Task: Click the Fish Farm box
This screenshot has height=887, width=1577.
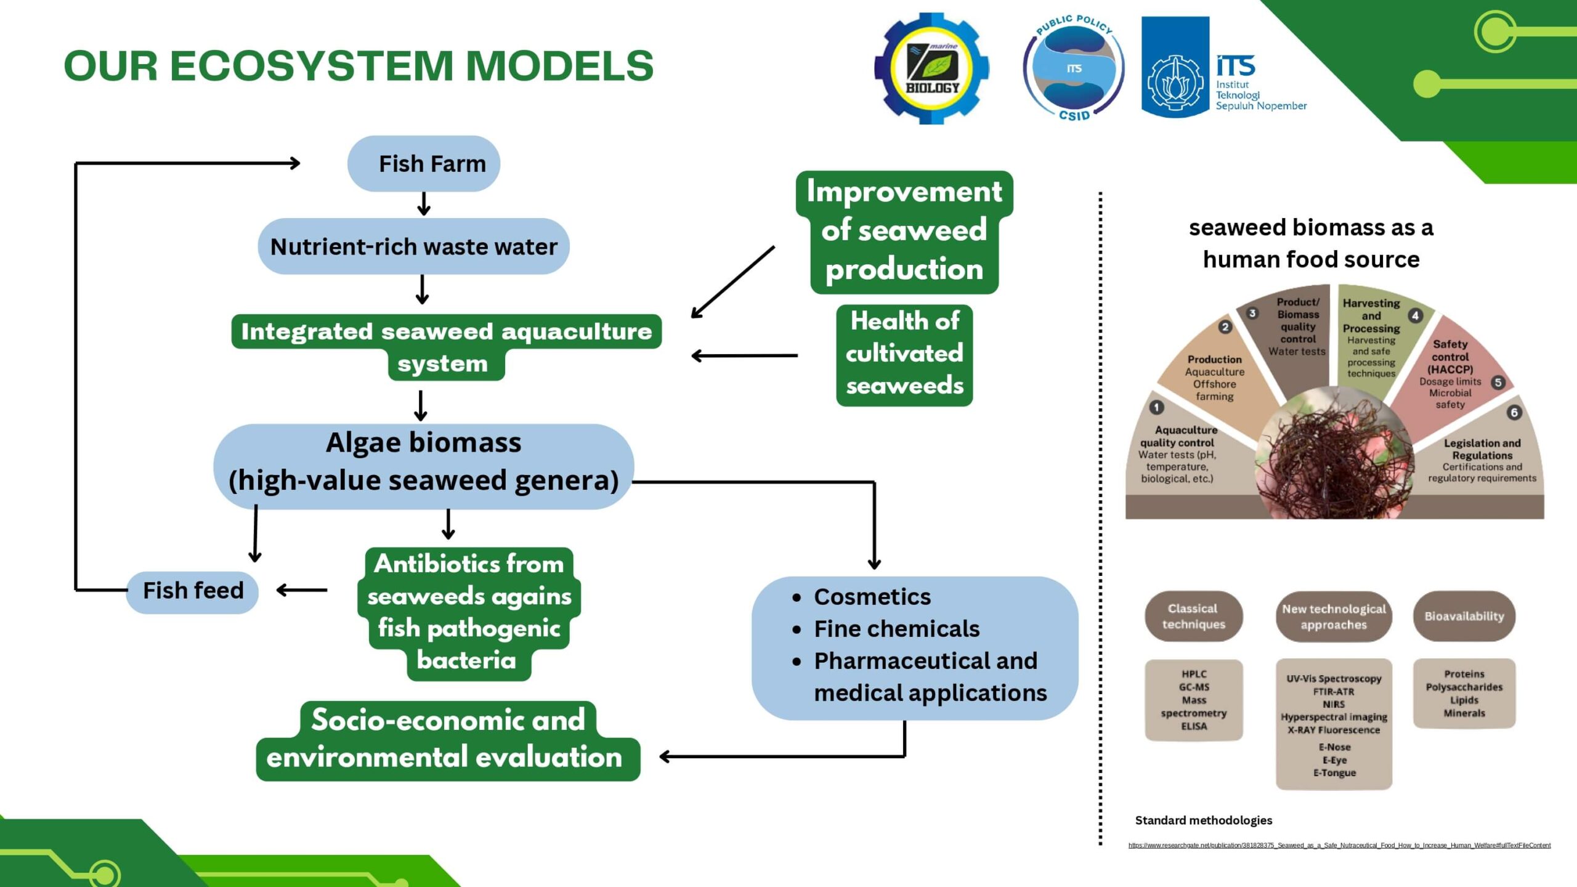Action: click(424, 164)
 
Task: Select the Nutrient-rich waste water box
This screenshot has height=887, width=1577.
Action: click(413, 246)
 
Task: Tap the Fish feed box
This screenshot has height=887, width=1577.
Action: click(192, 591)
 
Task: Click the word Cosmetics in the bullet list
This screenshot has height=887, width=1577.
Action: click(872, 597)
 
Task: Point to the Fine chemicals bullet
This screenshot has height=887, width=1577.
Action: click(896, 629)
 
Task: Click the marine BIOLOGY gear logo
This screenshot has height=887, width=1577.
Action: click(931, 68)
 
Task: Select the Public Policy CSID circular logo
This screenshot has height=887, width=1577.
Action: click(1074, 68)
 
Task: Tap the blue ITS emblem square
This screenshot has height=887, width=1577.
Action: click(1175, 68)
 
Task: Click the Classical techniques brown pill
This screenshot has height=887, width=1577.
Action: click(1193, 616)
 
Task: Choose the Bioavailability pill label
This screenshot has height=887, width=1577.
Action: click(1464, 616)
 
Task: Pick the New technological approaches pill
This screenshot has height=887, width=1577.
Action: click(1334, 617)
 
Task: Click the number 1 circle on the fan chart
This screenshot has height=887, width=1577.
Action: click(1156, 407)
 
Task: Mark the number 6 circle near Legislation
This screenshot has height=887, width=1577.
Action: click(1514, 413)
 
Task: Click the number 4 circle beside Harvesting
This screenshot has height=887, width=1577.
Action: click(1416, 316)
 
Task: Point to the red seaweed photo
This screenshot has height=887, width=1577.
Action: click(1334, 453)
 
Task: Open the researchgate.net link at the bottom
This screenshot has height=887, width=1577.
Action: click(1339, 845)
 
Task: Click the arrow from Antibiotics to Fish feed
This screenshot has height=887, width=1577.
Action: click(302, 591)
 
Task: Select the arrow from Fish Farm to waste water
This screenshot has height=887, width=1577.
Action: click(423, 204)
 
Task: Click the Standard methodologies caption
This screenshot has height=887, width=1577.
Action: click(1203, 820)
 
